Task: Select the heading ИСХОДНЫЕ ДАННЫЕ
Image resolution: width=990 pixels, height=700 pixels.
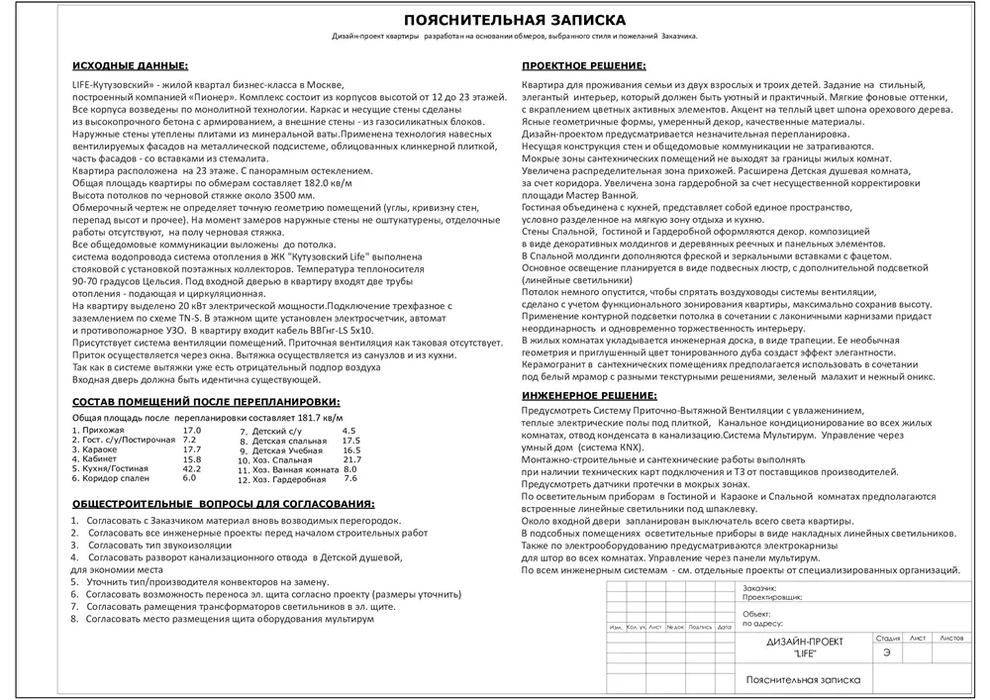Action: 130,66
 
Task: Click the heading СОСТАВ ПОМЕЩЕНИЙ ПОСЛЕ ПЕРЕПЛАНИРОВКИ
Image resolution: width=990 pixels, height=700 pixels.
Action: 207,402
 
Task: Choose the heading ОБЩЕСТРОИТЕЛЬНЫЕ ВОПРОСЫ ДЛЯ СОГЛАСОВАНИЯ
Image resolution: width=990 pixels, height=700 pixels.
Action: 224,504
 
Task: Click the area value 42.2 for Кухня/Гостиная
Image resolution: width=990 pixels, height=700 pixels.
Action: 191,468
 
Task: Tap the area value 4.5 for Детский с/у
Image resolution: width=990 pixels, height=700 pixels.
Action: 348,432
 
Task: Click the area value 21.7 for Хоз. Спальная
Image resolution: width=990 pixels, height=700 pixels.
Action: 352,459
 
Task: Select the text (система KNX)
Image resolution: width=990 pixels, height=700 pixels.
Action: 606,448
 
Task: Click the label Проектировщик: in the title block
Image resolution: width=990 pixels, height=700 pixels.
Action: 769,598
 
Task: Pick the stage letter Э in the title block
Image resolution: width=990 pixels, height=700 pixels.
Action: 886,651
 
